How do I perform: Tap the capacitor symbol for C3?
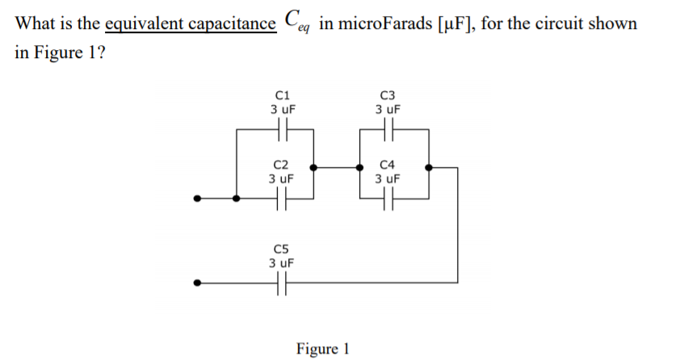click(388, 128)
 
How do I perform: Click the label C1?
click(282, 93)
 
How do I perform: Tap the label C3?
click(388, 93)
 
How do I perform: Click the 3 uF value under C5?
click(282, 262)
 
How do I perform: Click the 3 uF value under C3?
click(388, 107)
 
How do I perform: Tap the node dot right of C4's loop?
click(429, 168)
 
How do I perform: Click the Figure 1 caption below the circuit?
click(322, 349)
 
